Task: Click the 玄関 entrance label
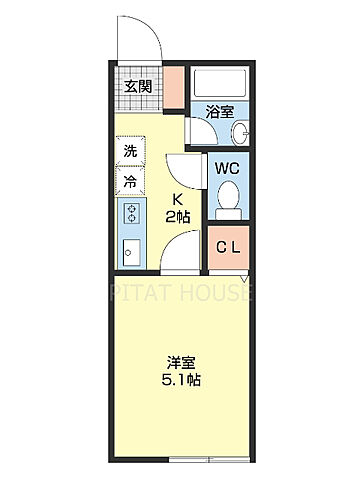point(138,86)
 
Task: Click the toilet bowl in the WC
point(227,197)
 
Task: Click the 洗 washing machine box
point(130,152)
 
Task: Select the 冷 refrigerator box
point(130,182)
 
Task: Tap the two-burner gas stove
point(130,212)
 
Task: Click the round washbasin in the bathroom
point(241,135)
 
